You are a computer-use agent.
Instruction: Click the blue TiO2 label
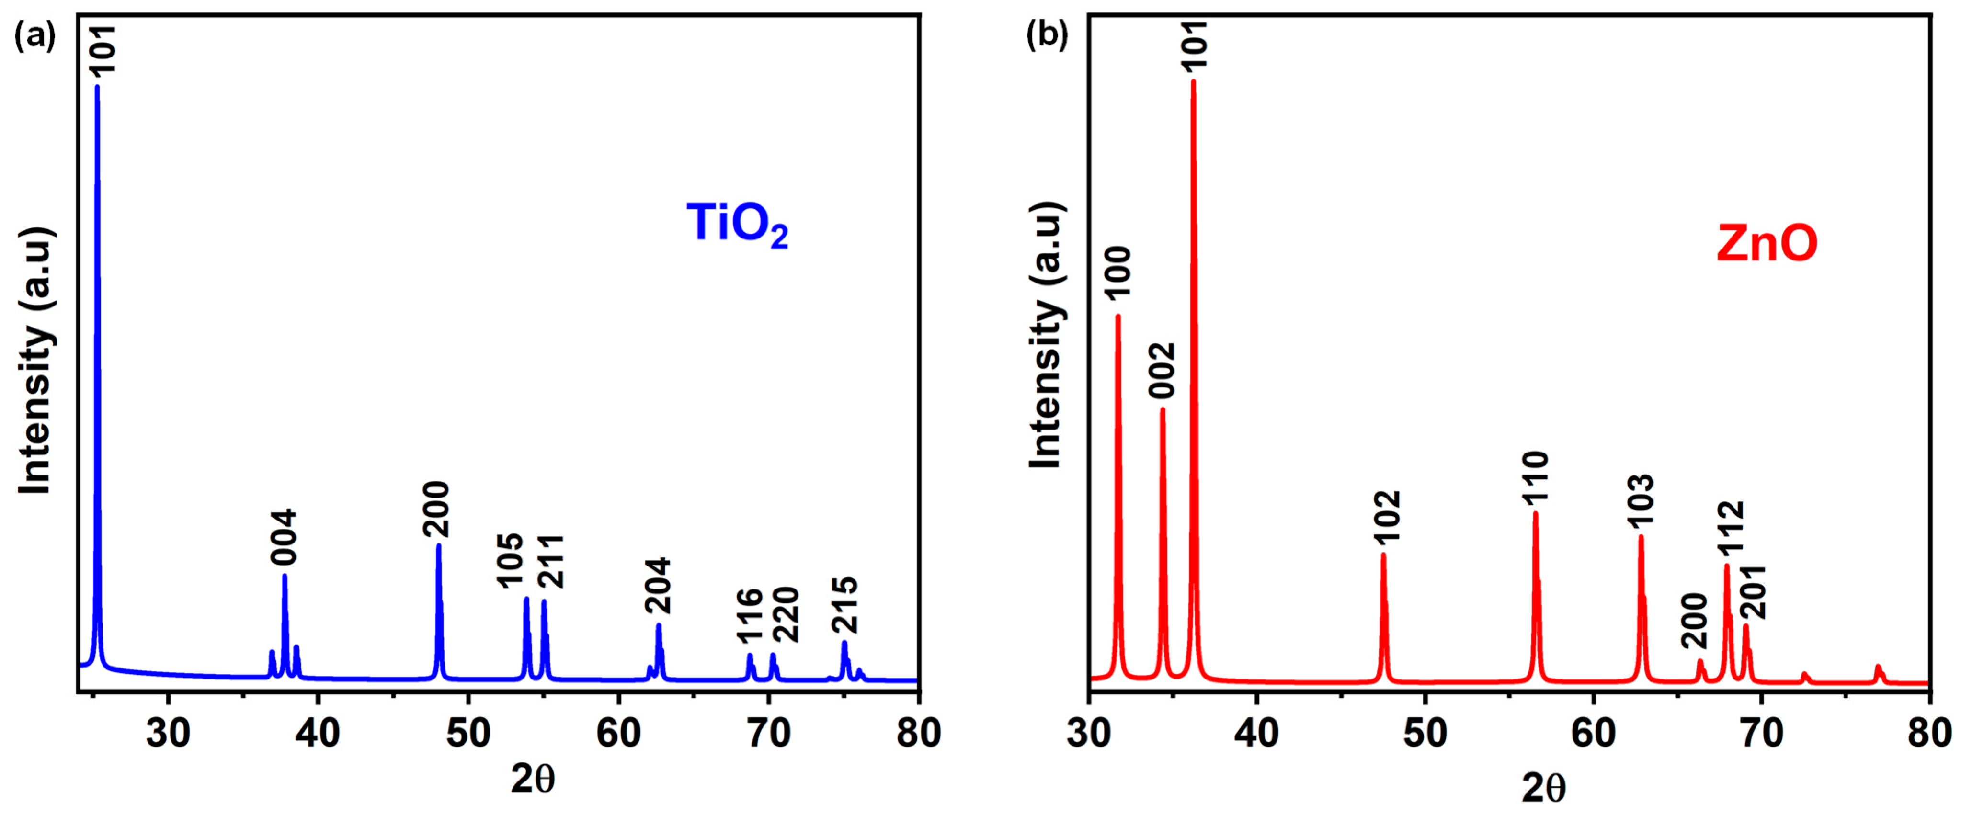736,225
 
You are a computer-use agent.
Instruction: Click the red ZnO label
1766,244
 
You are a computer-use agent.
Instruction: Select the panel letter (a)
35,36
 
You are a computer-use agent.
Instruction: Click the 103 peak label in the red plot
1641,501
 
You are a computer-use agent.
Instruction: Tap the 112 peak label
1730,530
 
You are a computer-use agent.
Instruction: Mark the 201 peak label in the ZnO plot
1753,592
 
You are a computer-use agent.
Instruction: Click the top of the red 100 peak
1117,317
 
